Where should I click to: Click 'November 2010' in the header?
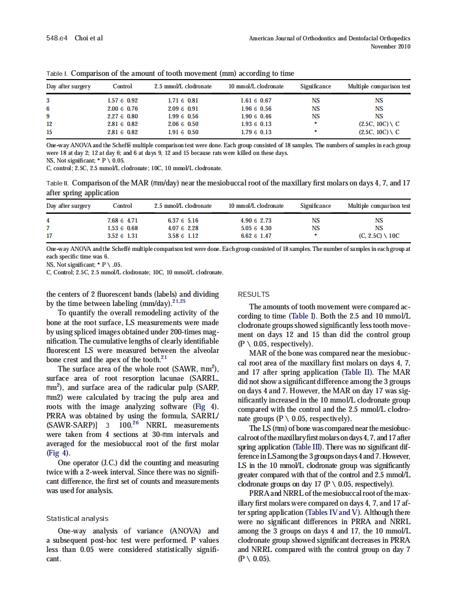pyautogui.click(x=390, y=46)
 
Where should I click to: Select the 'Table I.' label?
pyautogui.click(x=57, y=74)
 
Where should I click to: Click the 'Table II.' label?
pyautogui.click(x=58, y=184)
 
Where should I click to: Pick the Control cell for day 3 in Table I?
pyautogui.click(x=122, y=101)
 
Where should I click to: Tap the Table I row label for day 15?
pyautogui.click(x=50, y=131)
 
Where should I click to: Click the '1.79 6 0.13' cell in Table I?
pyautogui.click(x=256, y=131)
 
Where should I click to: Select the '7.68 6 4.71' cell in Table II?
pyautogui.click(x=122, y=220)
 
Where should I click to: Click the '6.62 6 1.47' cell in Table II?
pyautogui.click(x=256, y=236)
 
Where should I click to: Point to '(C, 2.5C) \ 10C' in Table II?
pyautogui.click(x=379, y=236)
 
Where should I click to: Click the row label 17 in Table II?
pyautogui.click(x=50, y=236)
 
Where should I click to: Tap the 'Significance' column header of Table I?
pyautogui.click(x=315, y=87)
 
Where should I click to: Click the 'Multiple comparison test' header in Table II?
pyautogui.click(x=379, y=206)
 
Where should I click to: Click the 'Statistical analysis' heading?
pyautogui.click(x=77, y=519)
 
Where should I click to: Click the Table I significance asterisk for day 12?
pyautogui.click(x=315, y=124)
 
